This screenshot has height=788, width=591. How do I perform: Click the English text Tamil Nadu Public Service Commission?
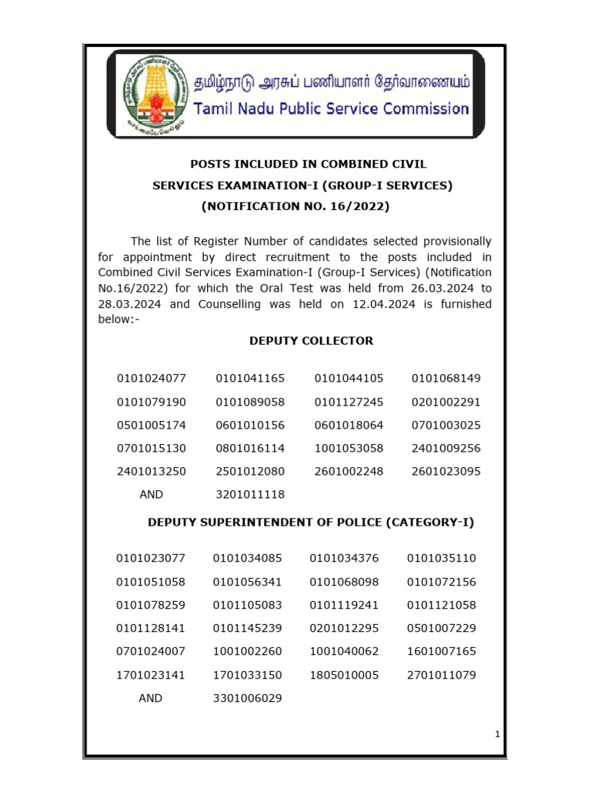331,109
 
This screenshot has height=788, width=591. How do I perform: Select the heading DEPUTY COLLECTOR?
311,341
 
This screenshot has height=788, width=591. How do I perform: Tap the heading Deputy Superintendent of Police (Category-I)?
311,523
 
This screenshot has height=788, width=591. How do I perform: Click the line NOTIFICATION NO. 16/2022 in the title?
295,206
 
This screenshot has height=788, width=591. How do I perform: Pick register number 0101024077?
152,379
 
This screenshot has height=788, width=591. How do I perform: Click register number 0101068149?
446,379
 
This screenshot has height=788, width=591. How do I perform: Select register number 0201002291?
446,402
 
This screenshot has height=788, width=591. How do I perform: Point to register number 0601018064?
349,425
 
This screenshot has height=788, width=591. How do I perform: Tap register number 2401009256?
446,448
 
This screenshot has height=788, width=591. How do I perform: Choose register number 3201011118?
250,495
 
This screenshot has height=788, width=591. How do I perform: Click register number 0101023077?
151,558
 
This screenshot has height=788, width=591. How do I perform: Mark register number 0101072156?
442,581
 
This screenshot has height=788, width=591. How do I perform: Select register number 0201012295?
344,628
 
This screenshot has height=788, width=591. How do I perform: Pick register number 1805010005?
344,675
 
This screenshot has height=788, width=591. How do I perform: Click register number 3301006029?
247,699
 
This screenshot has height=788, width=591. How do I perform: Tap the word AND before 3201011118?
152,495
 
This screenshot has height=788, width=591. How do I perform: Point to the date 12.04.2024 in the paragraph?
345,304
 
